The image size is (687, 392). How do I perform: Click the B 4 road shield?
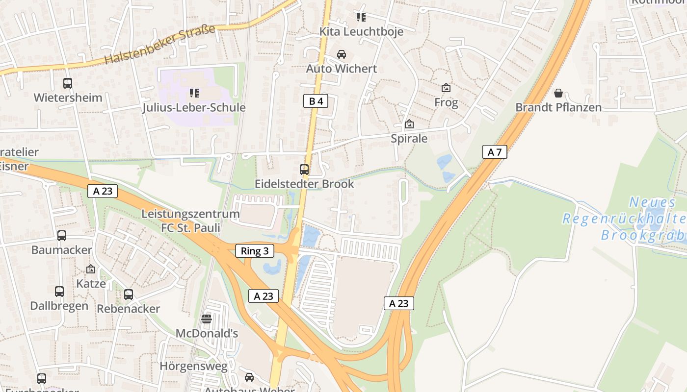pos(315,101)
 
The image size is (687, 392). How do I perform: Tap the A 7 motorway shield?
pos(494,152)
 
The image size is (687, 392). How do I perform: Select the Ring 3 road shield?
pos(255,251)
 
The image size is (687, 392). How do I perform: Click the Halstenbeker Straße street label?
pos(160,44)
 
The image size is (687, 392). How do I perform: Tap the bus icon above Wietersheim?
pos(68,83)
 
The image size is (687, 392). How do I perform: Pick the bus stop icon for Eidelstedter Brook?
pos(304,170)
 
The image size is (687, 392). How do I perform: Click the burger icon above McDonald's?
pos(207,319)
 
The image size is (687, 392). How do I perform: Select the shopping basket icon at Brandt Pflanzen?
pos(558,93)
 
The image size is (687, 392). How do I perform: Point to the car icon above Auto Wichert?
pos(341,54)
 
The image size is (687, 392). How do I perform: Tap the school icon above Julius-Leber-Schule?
pos(194,93)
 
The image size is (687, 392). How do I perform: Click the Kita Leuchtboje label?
pos(361,32)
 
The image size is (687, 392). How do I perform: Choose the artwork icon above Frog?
pos(446,88)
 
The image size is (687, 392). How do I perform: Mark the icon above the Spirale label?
pos(409,124)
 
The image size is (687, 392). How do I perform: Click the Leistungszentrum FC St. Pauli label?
pos(190,221)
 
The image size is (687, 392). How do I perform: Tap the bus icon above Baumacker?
pos(62,236)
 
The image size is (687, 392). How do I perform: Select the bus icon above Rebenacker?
pos(129,294)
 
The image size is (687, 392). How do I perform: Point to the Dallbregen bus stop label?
pos(59,306)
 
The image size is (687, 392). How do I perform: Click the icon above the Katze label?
pos(91,269)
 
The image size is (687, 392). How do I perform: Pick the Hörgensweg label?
pos(194,366)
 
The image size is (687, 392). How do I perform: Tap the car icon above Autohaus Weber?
pos(249,377)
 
